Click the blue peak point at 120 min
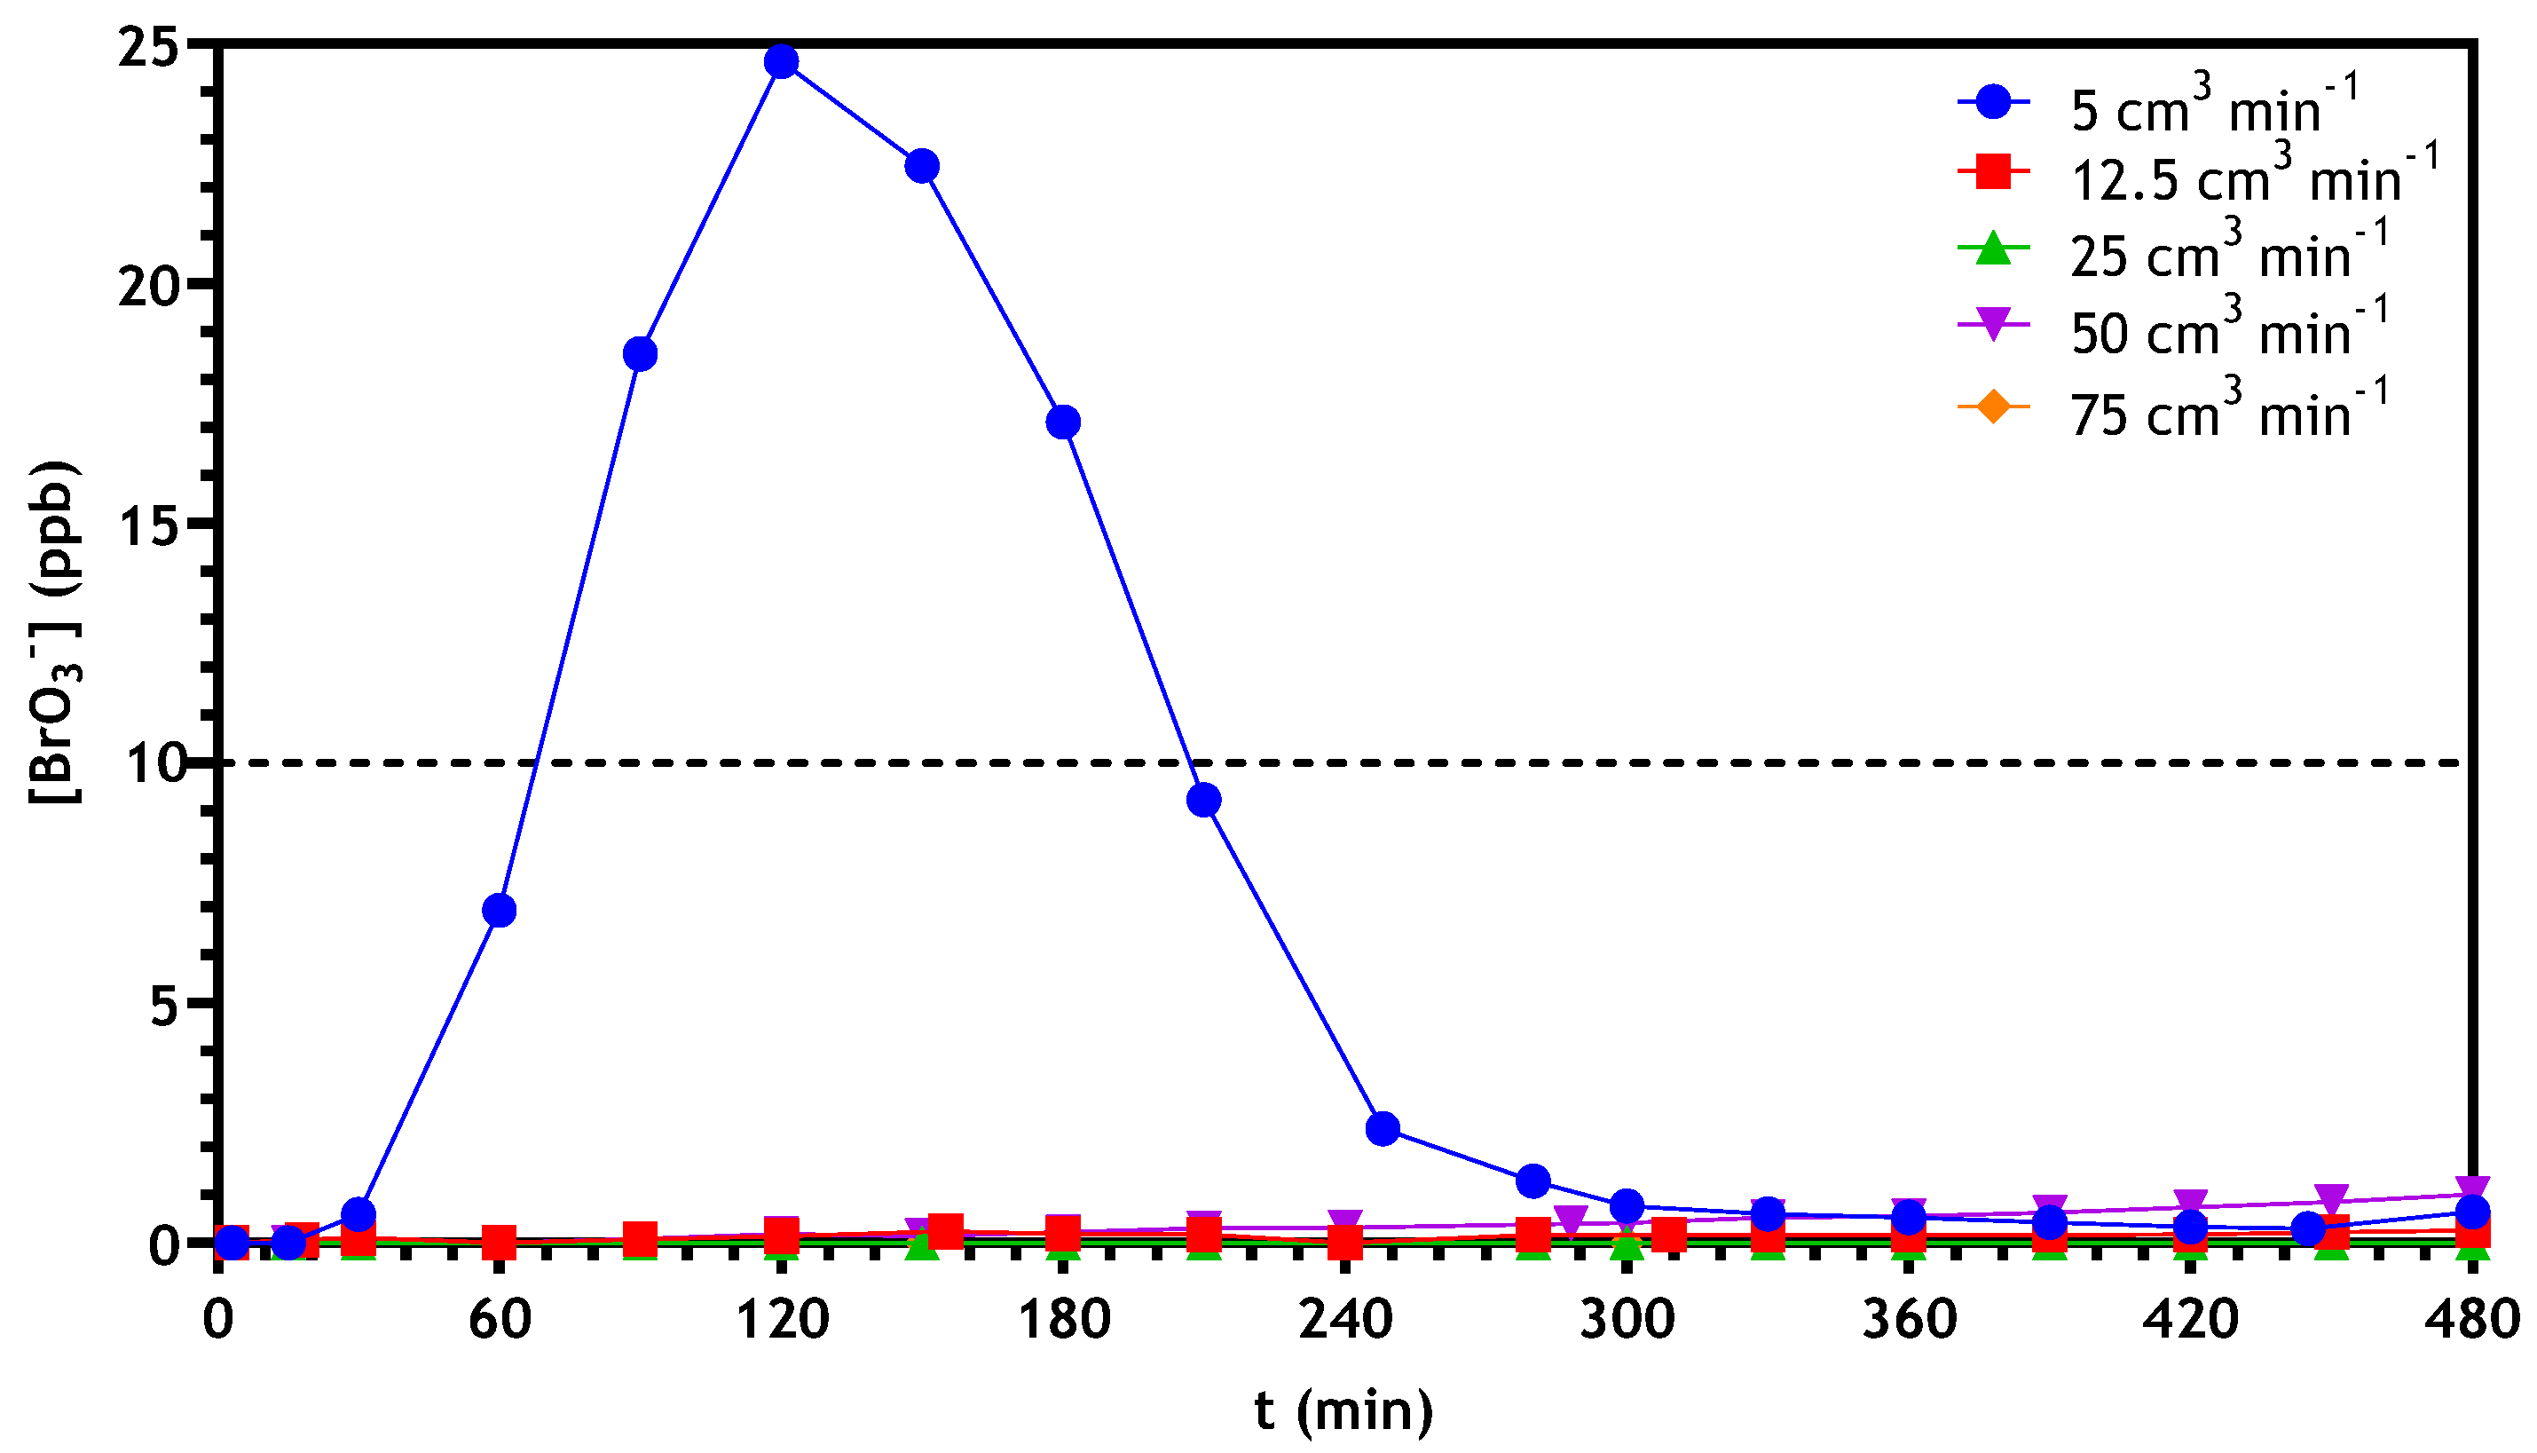[781, 62]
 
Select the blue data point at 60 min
[499, 910]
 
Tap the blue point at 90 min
[641, 354]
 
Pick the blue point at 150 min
[922, 166]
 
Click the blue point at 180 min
[1063, 422]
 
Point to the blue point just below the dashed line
[1204, 801]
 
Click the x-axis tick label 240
[1345, 1319]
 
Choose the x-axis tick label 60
[499, 1319]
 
